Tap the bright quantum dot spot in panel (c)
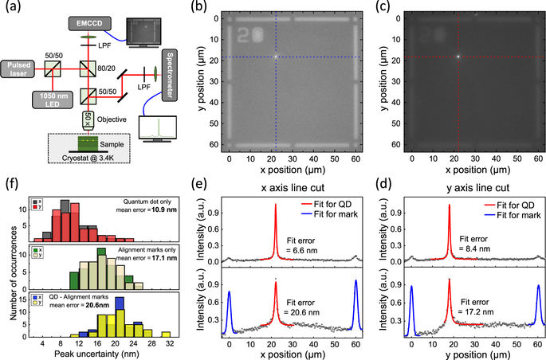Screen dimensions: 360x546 (x=458, y=57)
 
